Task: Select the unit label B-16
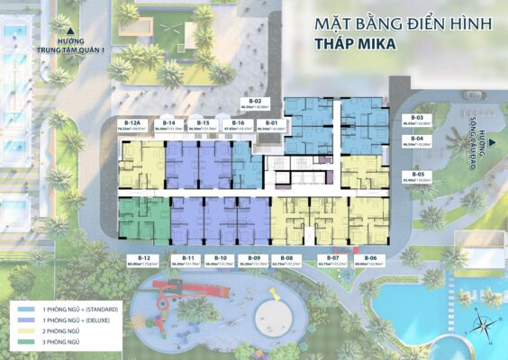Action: [x=238, y=122]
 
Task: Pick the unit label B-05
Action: [x=417, y=174]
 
